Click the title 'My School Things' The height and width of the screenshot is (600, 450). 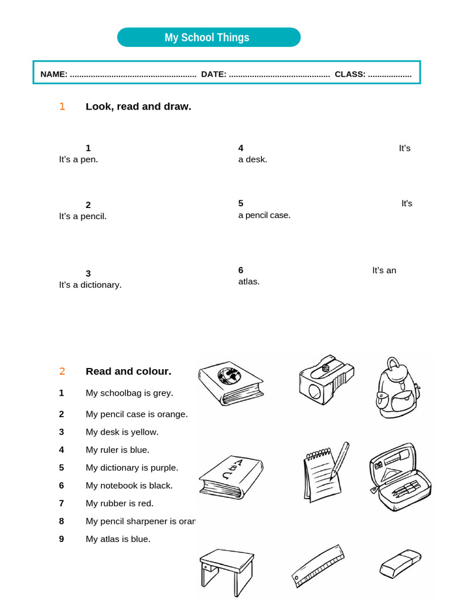point(207,37)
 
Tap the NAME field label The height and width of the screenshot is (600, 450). point(54,74)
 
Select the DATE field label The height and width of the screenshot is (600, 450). point(214,74)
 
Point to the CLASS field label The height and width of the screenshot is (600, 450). point(350,74)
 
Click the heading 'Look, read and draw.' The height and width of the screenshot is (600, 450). point(138,107)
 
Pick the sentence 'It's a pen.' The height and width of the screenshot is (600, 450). point(79,159)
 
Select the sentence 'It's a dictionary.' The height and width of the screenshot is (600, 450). point(90,285)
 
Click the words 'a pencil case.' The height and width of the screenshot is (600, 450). point(264,215)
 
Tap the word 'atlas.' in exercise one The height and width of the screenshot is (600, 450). point(248,281)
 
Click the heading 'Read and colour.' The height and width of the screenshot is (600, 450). point(128,371)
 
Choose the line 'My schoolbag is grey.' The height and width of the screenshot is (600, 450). point(129,393)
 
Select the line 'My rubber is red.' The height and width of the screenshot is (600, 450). point(120,503)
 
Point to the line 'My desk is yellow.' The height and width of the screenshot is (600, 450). point(122,432)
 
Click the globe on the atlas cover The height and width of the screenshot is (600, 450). point(229,375)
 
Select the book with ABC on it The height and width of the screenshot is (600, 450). point(230,476)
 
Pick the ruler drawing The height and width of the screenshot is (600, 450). point(318,566)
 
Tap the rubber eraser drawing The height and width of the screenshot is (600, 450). point(400,563)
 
